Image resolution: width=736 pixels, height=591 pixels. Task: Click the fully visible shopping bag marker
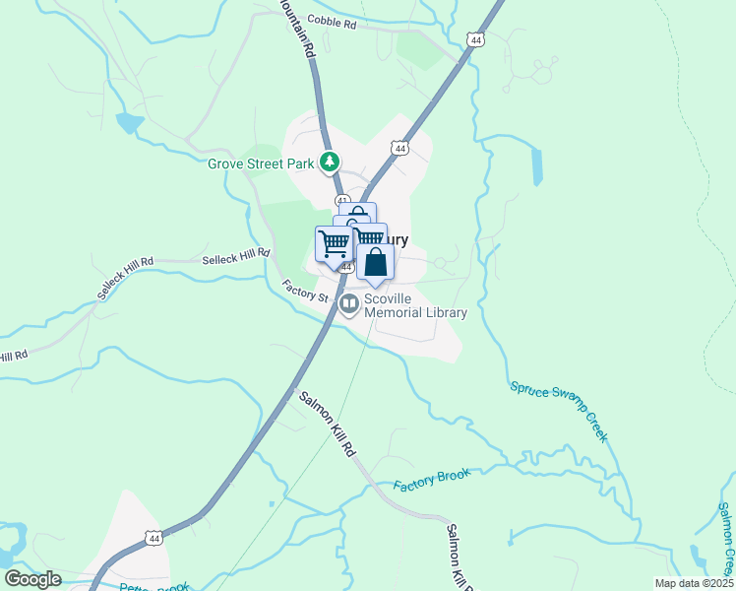tap(375, 263)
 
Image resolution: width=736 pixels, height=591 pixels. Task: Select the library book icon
tap(348, 305)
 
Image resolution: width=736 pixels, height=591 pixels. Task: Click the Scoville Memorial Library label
tap(414, 305)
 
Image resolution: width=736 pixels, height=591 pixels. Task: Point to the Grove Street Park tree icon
tap(333, 162)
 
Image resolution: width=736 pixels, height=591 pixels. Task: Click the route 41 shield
tap(341, 201)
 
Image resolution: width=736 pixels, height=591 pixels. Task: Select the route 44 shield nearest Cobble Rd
tap(476, 40)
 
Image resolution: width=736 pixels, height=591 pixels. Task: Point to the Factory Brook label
tap(432, 481)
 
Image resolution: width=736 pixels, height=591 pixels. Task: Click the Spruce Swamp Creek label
tap(558, 410)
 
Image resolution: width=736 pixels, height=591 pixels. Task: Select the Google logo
tap(32, 578)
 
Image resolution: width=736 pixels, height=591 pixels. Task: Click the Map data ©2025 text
tap(692, 582)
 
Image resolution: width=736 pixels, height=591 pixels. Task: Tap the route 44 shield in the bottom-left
tap(152, 538)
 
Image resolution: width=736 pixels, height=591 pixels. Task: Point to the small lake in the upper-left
tap(129, 123)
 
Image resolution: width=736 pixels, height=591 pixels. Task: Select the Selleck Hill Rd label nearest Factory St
tap(236, 256)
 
